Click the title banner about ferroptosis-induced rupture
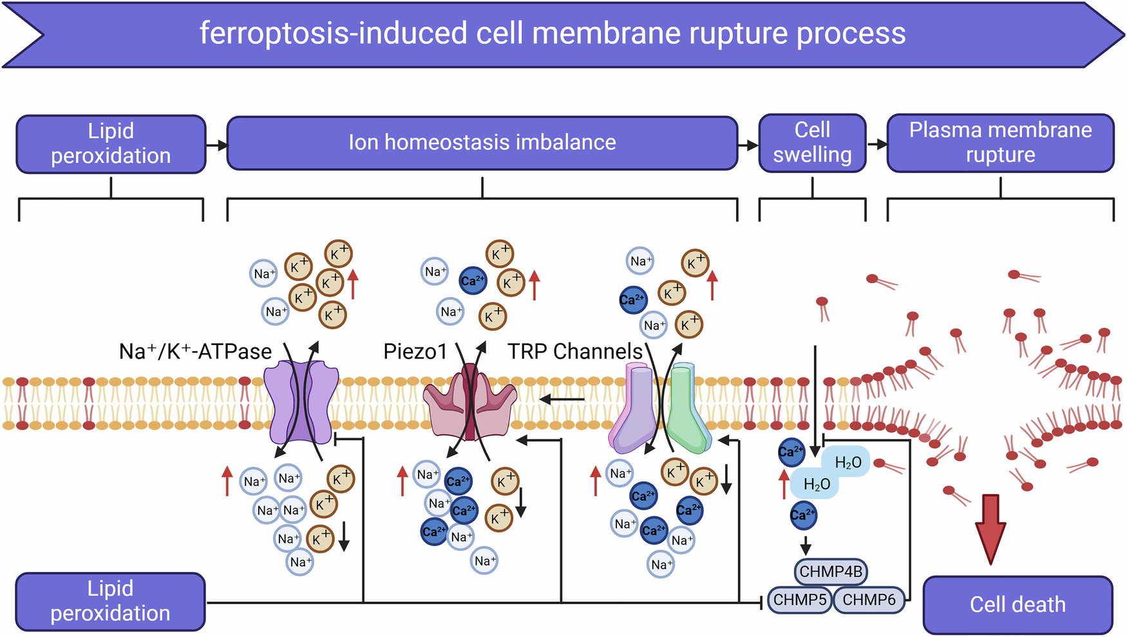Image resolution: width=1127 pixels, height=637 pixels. (x=552, y=33)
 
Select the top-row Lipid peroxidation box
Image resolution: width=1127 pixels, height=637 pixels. (x=111, y=143)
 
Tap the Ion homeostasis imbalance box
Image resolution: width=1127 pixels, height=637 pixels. (x=482, y=142)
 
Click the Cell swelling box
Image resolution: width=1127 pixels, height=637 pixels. (x=812, y=142)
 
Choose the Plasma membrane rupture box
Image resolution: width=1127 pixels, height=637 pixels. (x=1000, y=142)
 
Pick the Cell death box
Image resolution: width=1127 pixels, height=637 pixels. (x=1018, y=604)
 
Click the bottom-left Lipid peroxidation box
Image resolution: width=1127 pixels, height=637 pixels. (x=110, y=601)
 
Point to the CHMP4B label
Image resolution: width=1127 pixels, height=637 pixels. (x=831, y=571)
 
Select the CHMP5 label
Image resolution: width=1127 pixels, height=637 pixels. (x=799, y=600)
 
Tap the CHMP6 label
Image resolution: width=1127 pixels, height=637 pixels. (x=869, y=600)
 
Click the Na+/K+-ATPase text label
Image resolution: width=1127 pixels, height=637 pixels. (x=195, y=352)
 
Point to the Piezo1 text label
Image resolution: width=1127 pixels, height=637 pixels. (x=415, y=352)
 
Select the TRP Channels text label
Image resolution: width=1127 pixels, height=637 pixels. (x=575, y=352)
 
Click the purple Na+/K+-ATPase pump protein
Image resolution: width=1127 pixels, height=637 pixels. (x=301, y=402)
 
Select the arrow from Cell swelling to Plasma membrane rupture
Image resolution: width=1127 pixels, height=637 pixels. (x=876, y=144)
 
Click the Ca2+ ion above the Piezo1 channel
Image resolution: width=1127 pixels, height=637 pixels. (x=473, y=281)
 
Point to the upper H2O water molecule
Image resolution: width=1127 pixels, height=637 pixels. (x=848, y=462)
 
